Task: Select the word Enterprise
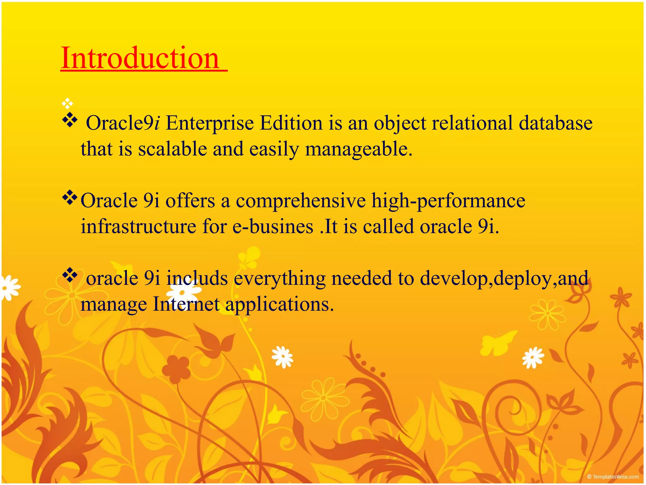pyautogui.click(x=210, y=123)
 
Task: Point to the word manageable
pyautogui.click(x=358, y=149)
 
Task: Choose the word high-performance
pyautogui.click(x=448, y=201)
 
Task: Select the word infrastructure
pyautogui.click(x=138, y=226)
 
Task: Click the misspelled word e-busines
pyautogui.click(x=273, y=226)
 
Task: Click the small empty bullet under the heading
pyautogui.click(x=68, y=103)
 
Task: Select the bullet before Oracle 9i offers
pyautogui.click(x=70, y=198)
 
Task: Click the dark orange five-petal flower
pyautogui.click(x=178, y=369)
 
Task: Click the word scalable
pyautogui.click(x=172, y=149)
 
